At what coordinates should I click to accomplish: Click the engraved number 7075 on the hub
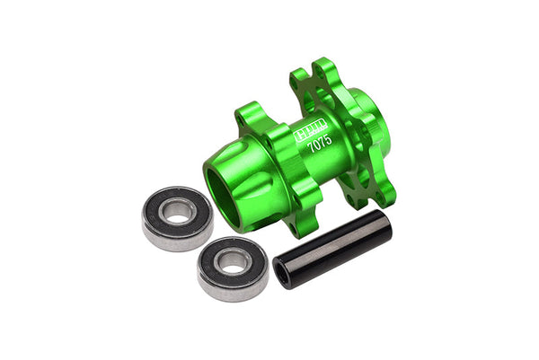318,143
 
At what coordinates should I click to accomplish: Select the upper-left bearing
178,216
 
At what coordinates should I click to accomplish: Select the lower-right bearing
233,266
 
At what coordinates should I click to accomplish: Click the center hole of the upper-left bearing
179,213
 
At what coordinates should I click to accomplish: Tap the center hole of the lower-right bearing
234,262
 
